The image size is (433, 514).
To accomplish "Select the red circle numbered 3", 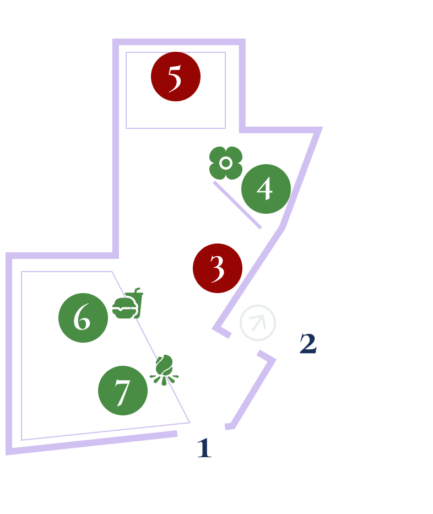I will pyautogui.click(x=218, y=268).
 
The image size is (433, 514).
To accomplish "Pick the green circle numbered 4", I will pyautogui.click(x=266, y=188).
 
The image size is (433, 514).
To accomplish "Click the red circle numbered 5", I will pyautogui.click(x=175, y=77).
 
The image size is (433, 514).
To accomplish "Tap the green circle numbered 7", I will pyautogui.click(x=122, y=391).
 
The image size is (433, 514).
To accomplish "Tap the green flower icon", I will pyautogui.click(x=226, y=163).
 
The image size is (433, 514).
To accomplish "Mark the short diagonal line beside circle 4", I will pyautogui.click(x=237, y=205).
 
